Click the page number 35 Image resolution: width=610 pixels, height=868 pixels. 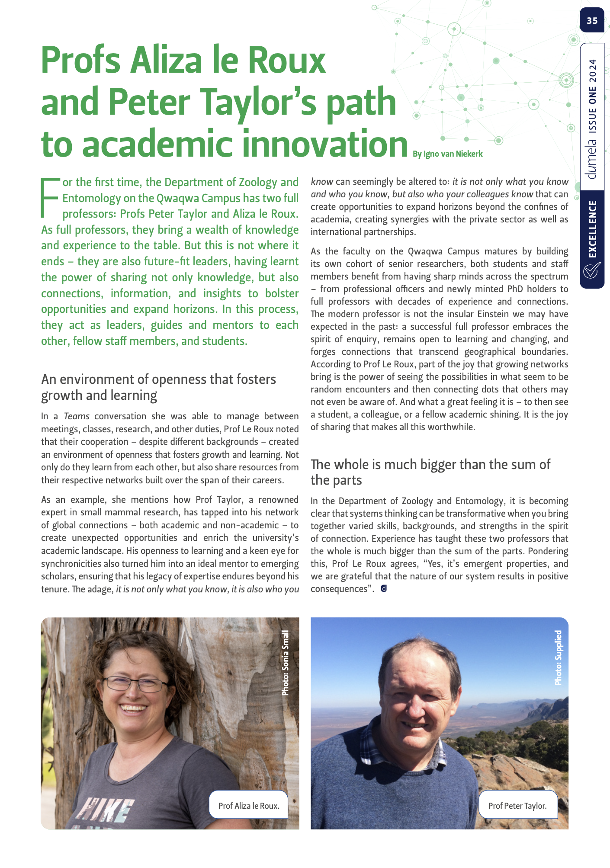click(x=592, y=20)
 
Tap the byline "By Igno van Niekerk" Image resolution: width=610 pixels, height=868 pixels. click(x=447, y=154)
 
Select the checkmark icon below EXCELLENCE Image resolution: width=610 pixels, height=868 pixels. click(x=591, y=271)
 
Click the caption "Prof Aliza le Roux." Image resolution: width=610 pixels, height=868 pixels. click(x=249, y=806)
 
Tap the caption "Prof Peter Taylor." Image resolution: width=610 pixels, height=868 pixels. click(x=517, y=806)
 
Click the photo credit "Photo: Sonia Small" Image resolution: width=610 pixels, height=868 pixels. click(x=285, y=663)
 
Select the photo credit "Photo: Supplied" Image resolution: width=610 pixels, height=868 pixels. click(x=558, y=657)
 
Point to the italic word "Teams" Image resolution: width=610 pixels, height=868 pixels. click(x=77, y=416)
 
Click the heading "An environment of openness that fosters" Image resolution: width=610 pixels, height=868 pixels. click(x=158, y=379)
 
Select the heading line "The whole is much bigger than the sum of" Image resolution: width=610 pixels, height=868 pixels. click(x=430, y=464)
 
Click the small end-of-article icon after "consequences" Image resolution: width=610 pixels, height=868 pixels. click(x=384, y=588)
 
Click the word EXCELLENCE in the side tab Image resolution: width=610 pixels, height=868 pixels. click(x=592, y=229)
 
